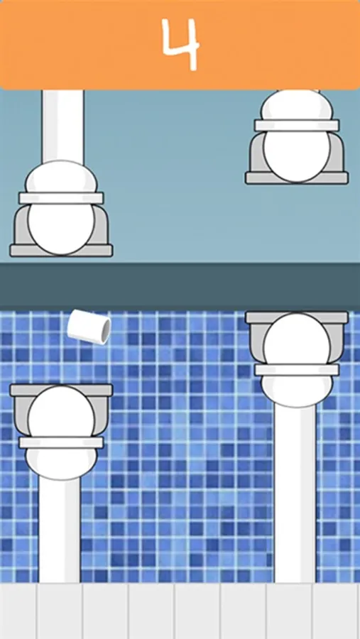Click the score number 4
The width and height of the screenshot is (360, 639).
coord(180,43)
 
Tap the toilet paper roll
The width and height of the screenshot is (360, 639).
coord(89,327)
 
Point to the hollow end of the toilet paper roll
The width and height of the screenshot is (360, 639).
coord(106,331)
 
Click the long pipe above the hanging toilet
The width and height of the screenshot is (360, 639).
coord(62,127)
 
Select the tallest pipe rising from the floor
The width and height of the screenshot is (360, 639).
coord(295,493)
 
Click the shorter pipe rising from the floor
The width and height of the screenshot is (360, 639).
coord(60,530)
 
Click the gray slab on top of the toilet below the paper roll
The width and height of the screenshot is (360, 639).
coord(61,390)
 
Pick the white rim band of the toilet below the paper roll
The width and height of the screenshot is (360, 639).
coord(61,443)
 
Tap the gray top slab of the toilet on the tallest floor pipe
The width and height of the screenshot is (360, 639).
coord(296,317)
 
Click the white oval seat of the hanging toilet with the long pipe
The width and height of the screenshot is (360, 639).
coord(61,227)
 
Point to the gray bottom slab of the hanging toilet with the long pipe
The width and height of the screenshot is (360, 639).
coord(61,250)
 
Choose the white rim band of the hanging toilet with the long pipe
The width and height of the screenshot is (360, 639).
coord(61,198)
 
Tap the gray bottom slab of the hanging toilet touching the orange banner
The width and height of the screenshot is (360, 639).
coord(296,177)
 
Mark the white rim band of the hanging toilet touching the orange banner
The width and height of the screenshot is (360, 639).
coord(296,125)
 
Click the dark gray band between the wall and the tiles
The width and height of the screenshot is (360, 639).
coord(180,287)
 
